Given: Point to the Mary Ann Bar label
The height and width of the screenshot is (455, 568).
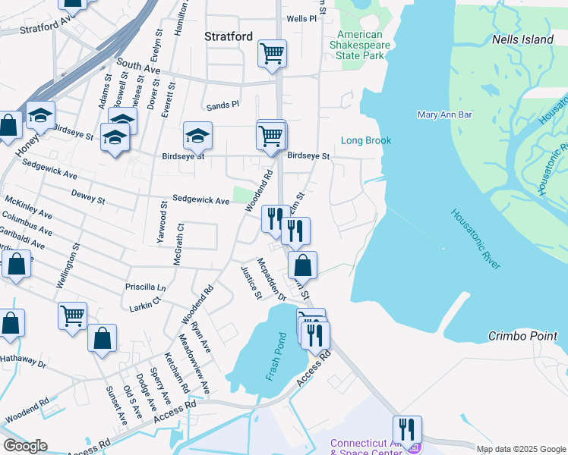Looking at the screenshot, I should tap(445, 115).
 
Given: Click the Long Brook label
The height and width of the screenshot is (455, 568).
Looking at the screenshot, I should tap(366, 140).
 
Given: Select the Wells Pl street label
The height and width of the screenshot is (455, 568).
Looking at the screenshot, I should tap(301, 18).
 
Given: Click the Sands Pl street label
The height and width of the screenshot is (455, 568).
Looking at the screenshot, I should tap(224, 103).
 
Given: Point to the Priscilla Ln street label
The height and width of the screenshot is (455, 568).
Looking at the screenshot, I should tap(146, 287).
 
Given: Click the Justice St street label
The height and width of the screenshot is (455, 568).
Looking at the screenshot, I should tap(251, 282).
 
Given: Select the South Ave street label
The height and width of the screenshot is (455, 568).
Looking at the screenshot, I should tap(138, 67).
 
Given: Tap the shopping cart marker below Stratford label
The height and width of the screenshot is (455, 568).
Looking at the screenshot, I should tap(272, 54).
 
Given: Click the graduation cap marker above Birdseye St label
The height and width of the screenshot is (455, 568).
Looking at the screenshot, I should tap(197, 136).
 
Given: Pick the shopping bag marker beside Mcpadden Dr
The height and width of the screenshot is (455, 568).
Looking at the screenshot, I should tap(301, 265).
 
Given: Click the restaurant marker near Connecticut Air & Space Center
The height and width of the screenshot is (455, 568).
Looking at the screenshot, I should tap(407, 429).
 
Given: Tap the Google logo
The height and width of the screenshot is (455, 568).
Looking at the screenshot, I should tap(26, 447).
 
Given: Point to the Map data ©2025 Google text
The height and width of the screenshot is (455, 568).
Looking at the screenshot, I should tap(520, 449).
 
